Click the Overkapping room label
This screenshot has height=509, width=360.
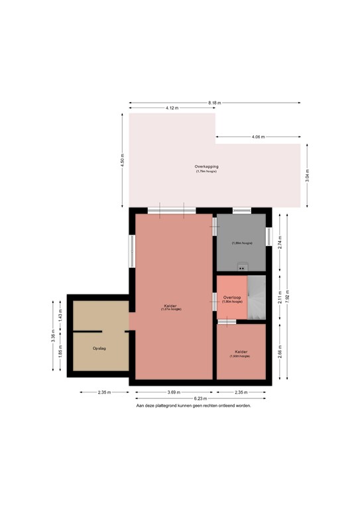coord(206,166)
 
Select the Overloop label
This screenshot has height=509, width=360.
coord(232,298)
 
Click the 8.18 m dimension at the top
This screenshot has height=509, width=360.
coord(214,103)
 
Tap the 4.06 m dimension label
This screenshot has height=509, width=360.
coord(258,137)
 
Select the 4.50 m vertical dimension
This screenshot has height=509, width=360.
coord(122,160)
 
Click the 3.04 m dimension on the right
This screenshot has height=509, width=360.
coord(307,175)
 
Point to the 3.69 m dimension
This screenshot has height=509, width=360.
coord(172,392)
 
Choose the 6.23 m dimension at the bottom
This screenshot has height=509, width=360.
coord(198,398)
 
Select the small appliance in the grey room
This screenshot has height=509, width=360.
coord(241,268)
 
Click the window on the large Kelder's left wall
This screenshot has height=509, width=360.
coord(132,251)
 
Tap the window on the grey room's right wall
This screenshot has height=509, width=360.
coord(269,237)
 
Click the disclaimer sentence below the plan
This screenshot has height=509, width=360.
coord(194,405)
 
